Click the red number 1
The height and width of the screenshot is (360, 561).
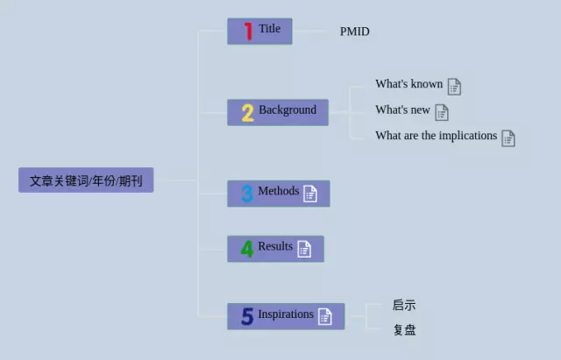(x=249, y=32)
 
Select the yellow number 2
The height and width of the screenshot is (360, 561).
(x=247, y=113)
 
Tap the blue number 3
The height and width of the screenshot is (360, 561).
(x=247, y=194)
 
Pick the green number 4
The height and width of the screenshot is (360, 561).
(x=247, y=249)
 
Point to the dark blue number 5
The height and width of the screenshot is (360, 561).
(x=247, y=316)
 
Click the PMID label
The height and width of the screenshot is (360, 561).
(x=354, y=32)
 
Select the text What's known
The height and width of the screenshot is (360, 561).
(x=409, y=84)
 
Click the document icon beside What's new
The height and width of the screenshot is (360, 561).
(x=442, y=113)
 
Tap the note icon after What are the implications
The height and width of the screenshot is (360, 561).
(x=508, y=138)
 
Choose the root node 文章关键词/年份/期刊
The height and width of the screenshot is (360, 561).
(x=86, y=180)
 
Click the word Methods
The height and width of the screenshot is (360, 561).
(x=279, y=191)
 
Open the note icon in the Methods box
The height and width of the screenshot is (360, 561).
(x=310, y=194)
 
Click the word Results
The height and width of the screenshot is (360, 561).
(x=275, y=246)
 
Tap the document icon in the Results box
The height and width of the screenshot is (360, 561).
(x=304, y=249)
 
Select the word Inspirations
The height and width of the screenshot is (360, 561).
(x=286, y=314)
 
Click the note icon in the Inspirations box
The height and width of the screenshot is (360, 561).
(x=325, y=317)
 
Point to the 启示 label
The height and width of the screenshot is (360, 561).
(x=404, y=305)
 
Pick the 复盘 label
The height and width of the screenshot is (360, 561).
(x=405, y=329)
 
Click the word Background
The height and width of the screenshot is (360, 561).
(x=288, y=109)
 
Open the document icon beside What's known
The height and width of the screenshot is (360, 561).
(x=454, y=87)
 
